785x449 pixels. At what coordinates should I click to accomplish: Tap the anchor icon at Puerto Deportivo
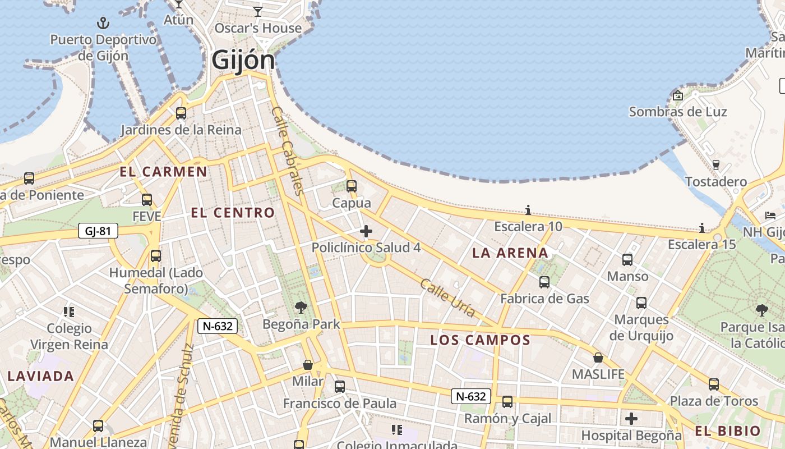(x=103, y=23)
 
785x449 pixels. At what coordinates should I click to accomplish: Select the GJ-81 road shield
(x=98, y=231)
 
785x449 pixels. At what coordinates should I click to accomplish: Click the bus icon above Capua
(x=352, y=186)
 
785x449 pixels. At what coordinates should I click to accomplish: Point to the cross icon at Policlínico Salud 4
(x=366, y=231)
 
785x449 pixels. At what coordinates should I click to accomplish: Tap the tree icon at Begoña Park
(x=301, y=307)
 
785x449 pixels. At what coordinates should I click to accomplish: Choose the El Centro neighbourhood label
(x=233, y=213)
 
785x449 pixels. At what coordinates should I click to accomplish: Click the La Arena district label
(x=510, y=253)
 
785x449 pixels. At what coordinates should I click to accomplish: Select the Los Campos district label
(x=480, y=340)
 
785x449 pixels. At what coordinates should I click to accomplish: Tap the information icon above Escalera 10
(x=528, y=210)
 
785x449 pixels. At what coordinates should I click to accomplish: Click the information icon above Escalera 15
(x=702, y=228)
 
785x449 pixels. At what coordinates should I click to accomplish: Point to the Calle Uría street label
(x=447, y=298)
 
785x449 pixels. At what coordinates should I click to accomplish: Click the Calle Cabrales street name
(x=287, y=150)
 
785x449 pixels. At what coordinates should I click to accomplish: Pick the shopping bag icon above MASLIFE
(x=598, y=358)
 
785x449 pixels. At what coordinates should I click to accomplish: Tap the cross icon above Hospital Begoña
(x=631, y=419)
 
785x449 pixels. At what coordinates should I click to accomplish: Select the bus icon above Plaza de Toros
(x=714, y=384)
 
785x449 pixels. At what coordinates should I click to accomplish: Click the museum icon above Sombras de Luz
(x=678, y=95)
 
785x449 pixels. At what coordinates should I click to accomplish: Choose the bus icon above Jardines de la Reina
(x=181, y=113)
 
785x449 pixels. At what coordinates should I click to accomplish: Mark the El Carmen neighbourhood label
(x=163, y=172)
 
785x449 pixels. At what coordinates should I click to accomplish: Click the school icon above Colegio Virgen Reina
(x=69, y=311)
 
